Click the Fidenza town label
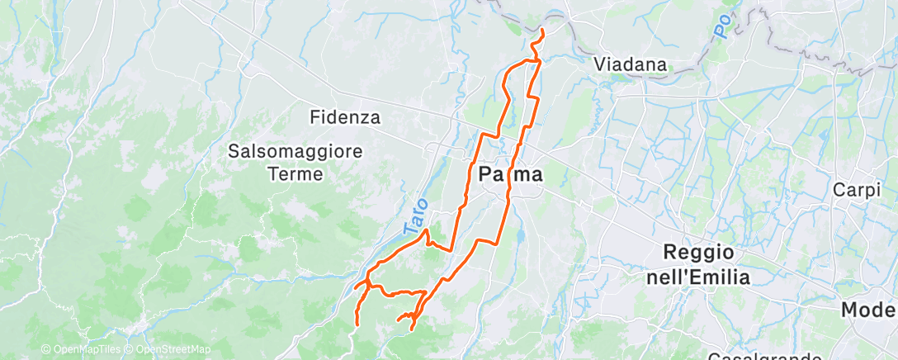coord(345,117)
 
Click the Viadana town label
coord(631,64)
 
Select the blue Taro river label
coord(418,216)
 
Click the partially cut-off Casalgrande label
coord(764,356)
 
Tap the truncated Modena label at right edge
coord(868,310)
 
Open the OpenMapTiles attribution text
coord(87,350)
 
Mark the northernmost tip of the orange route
coord(542,31)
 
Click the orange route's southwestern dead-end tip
coord(356,324)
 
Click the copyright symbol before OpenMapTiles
coord(46,350)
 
